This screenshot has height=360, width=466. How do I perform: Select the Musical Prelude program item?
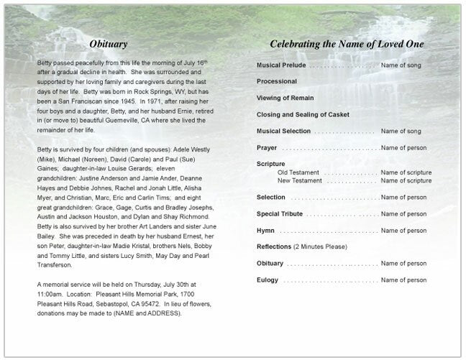click(283, 65)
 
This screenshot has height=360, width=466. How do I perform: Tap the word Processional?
click(277, 82)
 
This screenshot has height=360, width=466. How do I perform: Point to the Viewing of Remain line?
click(285, 98)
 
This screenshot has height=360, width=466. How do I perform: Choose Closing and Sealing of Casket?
click(303, 115)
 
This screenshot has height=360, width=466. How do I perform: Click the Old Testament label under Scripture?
click(298, 172)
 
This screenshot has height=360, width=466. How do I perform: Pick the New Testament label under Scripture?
click(299, 180)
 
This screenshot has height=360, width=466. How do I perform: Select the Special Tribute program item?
click(281, 214)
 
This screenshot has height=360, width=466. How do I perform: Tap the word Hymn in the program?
click(265, 231)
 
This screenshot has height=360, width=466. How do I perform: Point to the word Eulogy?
click(268, 280)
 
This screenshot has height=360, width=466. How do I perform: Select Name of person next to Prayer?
click(403, 148)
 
